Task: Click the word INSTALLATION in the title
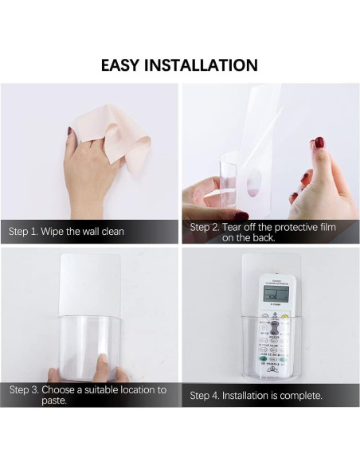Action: click(x=205, y=65)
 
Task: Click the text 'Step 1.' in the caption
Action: click(x=24, y=232)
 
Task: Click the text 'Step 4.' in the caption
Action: click(x=205, y=395)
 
